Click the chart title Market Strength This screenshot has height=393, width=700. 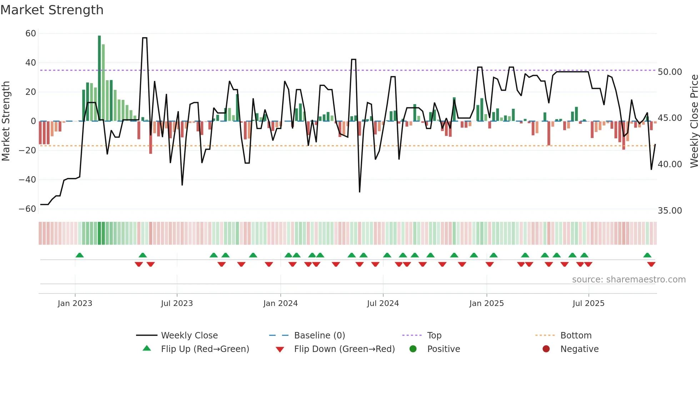[x=52, y=10]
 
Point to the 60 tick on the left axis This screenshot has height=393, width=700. [x=31, y=34]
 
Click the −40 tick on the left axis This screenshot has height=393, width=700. [x=27, y=180]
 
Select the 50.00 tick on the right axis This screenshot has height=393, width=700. [x=670, y=72]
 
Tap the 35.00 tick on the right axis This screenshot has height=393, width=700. [x=670, y=211]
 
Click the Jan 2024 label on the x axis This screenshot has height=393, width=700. [x=280, y=303]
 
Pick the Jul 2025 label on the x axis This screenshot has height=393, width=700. [x=588, y=303]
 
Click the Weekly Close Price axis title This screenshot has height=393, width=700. [x=694, y=121]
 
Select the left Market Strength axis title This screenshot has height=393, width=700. [x=6, y=121]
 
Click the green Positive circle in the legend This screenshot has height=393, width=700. [x=413, y=349]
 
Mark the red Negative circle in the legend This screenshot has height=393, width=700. [x=546, y=349]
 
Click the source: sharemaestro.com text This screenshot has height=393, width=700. [x=629, y=280]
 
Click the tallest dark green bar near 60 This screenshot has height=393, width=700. [x=99, y=78]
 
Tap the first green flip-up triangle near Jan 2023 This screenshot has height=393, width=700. [x=80, y=255]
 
